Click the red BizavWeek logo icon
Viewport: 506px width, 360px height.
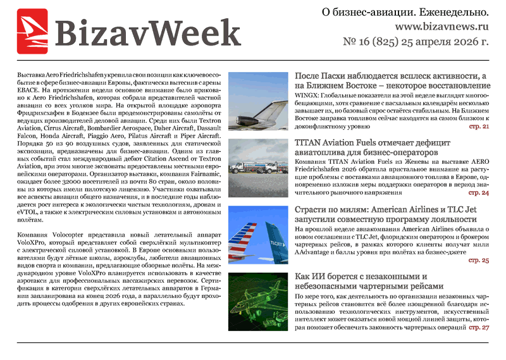coord(32,30)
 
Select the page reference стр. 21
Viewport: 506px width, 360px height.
coord(478,127)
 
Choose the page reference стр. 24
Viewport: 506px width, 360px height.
coord(478,192)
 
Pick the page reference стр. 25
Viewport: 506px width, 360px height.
coord(478,260)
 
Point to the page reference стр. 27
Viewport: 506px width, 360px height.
coord(478,327)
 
